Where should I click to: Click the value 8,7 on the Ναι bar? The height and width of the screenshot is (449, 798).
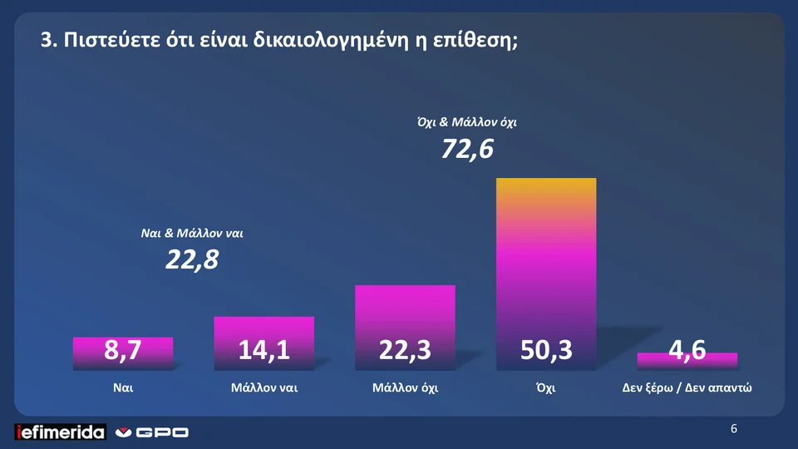(x=122, y=351)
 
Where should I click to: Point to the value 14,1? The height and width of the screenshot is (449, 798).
(x=264, y=351)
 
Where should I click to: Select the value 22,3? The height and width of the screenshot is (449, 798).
(x=405, y=351)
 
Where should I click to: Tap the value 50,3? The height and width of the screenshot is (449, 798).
(x=546, y=351)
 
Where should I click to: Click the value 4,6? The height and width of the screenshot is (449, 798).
(x=687, y=351)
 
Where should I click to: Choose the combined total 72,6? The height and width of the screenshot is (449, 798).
(x=467, y=150)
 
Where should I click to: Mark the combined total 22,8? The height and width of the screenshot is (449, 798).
(x=192, y=260)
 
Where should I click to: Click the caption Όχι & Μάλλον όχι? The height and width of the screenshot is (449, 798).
(x=467, y=123)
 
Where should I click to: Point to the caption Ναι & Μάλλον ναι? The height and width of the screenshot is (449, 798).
(x=192, y=234)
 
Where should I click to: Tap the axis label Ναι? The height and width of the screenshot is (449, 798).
(x=123, y=387)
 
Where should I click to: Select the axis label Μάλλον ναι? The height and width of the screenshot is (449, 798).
(x=264, y=387)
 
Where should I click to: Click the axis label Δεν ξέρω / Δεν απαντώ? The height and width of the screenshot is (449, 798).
(x=687, y=387)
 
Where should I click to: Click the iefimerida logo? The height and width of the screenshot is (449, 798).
(x=61, y=432)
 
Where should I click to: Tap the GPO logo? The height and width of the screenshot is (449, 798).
(x=151, y=432)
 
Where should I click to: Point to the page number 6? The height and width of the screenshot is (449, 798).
(x=734, y=429)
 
